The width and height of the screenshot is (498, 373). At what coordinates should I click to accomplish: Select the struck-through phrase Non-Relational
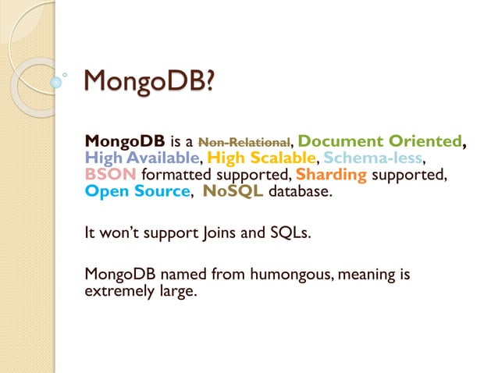(244, 142)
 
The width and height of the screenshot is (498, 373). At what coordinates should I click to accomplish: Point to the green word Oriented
(422, 141)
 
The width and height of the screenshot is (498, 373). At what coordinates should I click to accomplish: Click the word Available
(159, 158)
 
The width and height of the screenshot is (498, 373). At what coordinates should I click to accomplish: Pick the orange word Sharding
(331, 174)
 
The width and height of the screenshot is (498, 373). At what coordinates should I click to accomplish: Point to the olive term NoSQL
(233, 191)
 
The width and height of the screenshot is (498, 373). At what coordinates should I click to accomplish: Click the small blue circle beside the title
(55, 81)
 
